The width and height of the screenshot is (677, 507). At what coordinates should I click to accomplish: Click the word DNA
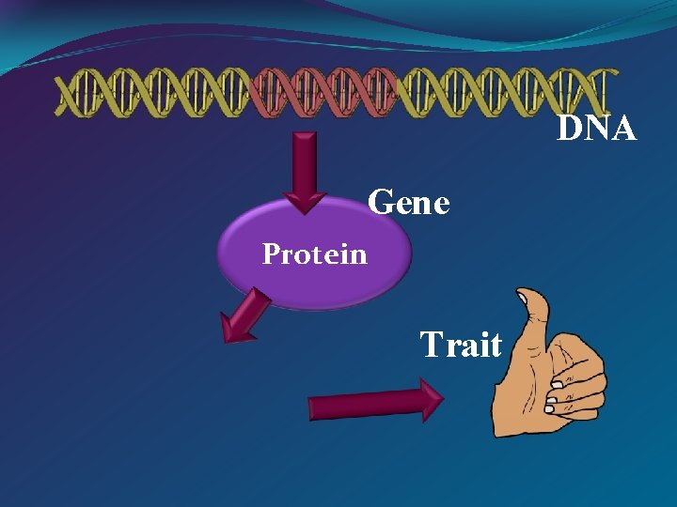pos(597,128)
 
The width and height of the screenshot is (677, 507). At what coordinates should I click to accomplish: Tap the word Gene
pos(409,202)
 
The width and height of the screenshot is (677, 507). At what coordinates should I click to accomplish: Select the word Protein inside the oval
pos(314,253)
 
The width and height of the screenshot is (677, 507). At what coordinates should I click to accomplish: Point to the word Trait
pos(461,345)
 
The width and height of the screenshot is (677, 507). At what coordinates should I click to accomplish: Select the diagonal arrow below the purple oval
pos(244,316)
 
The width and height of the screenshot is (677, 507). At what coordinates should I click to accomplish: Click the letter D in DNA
pos(569,128)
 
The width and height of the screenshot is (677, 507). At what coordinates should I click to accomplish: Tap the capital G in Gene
pos(382,202)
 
